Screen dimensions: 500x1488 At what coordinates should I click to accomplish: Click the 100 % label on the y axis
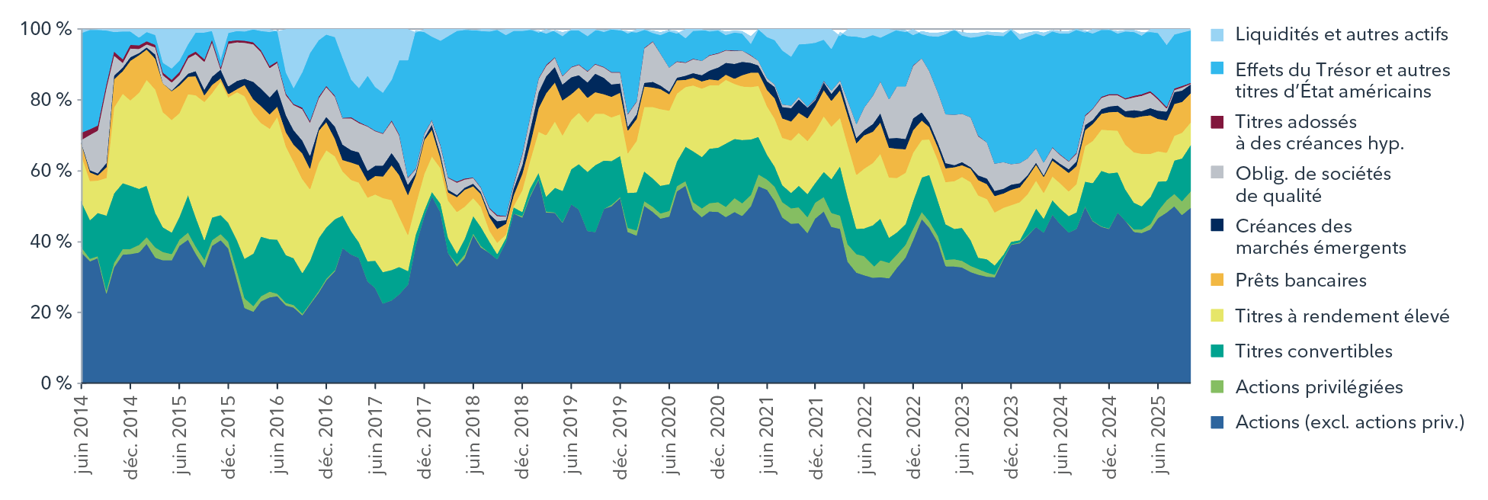[x=46, y=29]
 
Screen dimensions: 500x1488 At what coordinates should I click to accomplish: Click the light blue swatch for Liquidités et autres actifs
[x=1217, y=35]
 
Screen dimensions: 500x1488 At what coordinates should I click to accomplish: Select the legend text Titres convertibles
[x=1313, y=351]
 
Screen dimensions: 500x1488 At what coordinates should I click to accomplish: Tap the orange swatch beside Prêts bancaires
[x=1217, y=280]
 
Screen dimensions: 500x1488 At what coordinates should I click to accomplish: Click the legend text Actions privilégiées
[x=1319, y=387]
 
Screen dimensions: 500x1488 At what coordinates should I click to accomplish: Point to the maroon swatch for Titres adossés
[x=1217, y=122]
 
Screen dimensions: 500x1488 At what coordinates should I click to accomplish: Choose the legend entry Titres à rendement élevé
[x=1342, y=316]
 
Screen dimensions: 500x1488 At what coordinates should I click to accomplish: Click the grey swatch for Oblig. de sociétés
[x=1217, y=175]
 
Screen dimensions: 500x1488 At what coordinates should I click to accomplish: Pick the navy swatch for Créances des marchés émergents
[x=1217, y=226]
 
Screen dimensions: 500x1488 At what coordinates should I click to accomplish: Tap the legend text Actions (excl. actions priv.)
[x=1349, y=422]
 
